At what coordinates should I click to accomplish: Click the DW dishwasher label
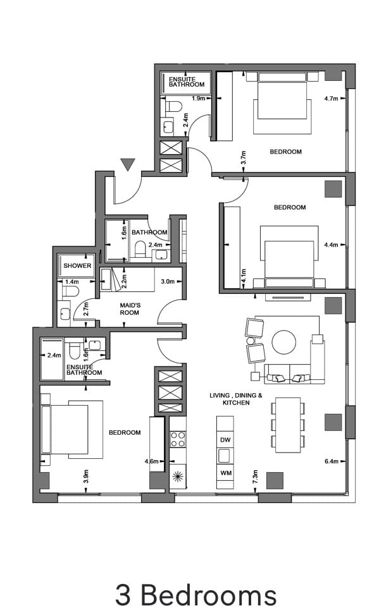tap(225, 439)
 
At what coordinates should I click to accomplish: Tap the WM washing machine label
tap(225, 473)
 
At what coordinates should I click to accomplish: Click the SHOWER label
tap(77, 266)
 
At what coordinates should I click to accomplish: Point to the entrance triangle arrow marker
tap(128, 165)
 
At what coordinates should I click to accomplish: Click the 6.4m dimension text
tap(331, 461)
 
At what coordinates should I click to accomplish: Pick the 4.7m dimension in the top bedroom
tap(331, 99)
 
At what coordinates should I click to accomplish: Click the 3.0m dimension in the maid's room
tap(168, 281)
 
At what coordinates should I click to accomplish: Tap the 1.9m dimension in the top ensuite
tap(197, 98)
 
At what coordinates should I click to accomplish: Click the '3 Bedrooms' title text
tap(196, 594)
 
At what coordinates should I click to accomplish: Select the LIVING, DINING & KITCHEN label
tap(236, 399)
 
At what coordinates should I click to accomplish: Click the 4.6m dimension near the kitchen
tap(151, 461)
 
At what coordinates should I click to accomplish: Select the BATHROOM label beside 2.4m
tap(149, 233)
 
